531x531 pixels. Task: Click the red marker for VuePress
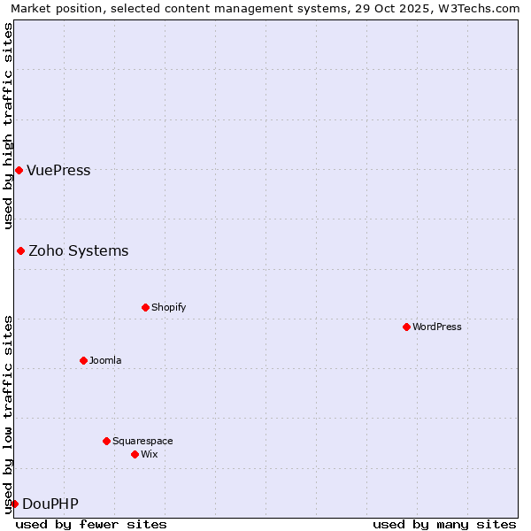[x=19, y=170]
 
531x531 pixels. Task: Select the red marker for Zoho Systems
[x=20, y=250]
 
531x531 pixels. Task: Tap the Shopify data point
[x=145, y=307]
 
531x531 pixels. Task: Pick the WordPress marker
[x=406, y=327]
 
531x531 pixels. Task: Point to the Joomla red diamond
[x=83, y=360]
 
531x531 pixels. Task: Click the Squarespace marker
[x=106, y=441]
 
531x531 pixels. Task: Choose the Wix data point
[x=135, y=454]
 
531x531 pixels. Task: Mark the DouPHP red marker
[x=14, y=504]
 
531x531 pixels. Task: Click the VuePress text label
[x=58, y=171]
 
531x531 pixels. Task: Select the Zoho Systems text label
[x=78, y=251]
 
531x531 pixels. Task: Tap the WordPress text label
[x=436, y=327]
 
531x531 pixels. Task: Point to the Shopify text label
[x=168, y=307]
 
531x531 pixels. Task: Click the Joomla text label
[x=105, y=360]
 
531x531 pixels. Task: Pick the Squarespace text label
[x=142, y=441]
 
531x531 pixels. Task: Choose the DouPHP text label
[x=50, y=504]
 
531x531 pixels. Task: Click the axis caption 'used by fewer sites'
[x=91, y=524]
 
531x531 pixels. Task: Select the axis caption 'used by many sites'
[x=444, y=524]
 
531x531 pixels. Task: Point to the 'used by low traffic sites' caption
[x=8, y=414]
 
